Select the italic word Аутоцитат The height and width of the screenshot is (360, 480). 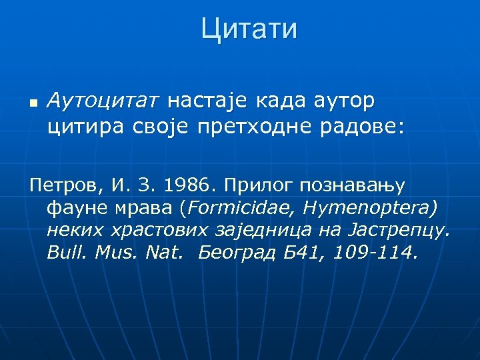tap(104, 101)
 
